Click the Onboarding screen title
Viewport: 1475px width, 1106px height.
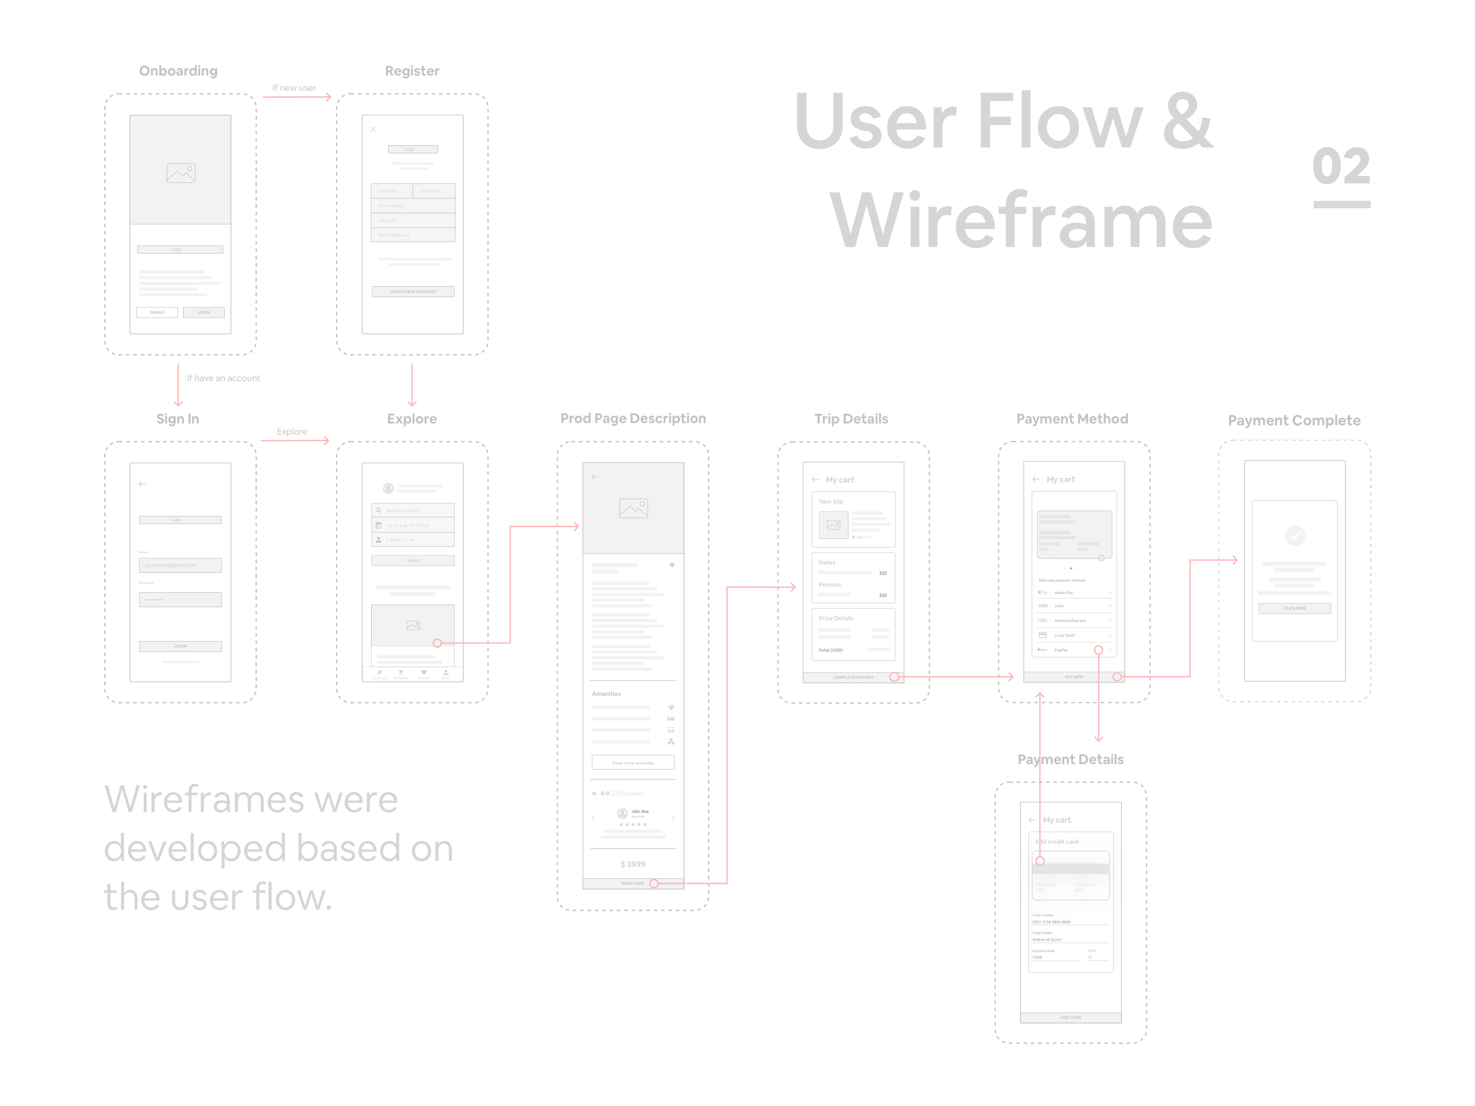point(178,71)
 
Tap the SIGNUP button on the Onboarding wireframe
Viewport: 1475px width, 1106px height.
point(157,312)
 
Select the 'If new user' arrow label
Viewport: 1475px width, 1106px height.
point(294,88)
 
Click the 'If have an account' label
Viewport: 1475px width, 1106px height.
point(224,378)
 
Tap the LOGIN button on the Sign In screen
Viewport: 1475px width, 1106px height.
point(180,646)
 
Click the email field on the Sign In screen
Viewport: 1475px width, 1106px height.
point(180,565)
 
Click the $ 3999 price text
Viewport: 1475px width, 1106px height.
point(633,864)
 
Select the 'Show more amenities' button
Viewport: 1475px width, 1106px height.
point(633,763)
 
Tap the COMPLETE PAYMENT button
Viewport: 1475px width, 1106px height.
point(853,677)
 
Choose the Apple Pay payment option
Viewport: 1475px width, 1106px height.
point(1074,593)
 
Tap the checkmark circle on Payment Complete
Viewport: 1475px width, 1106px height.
point(1294,535)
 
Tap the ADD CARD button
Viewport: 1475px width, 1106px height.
point(1070,1018)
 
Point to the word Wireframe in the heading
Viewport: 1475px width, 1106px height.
point(1020,220)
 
